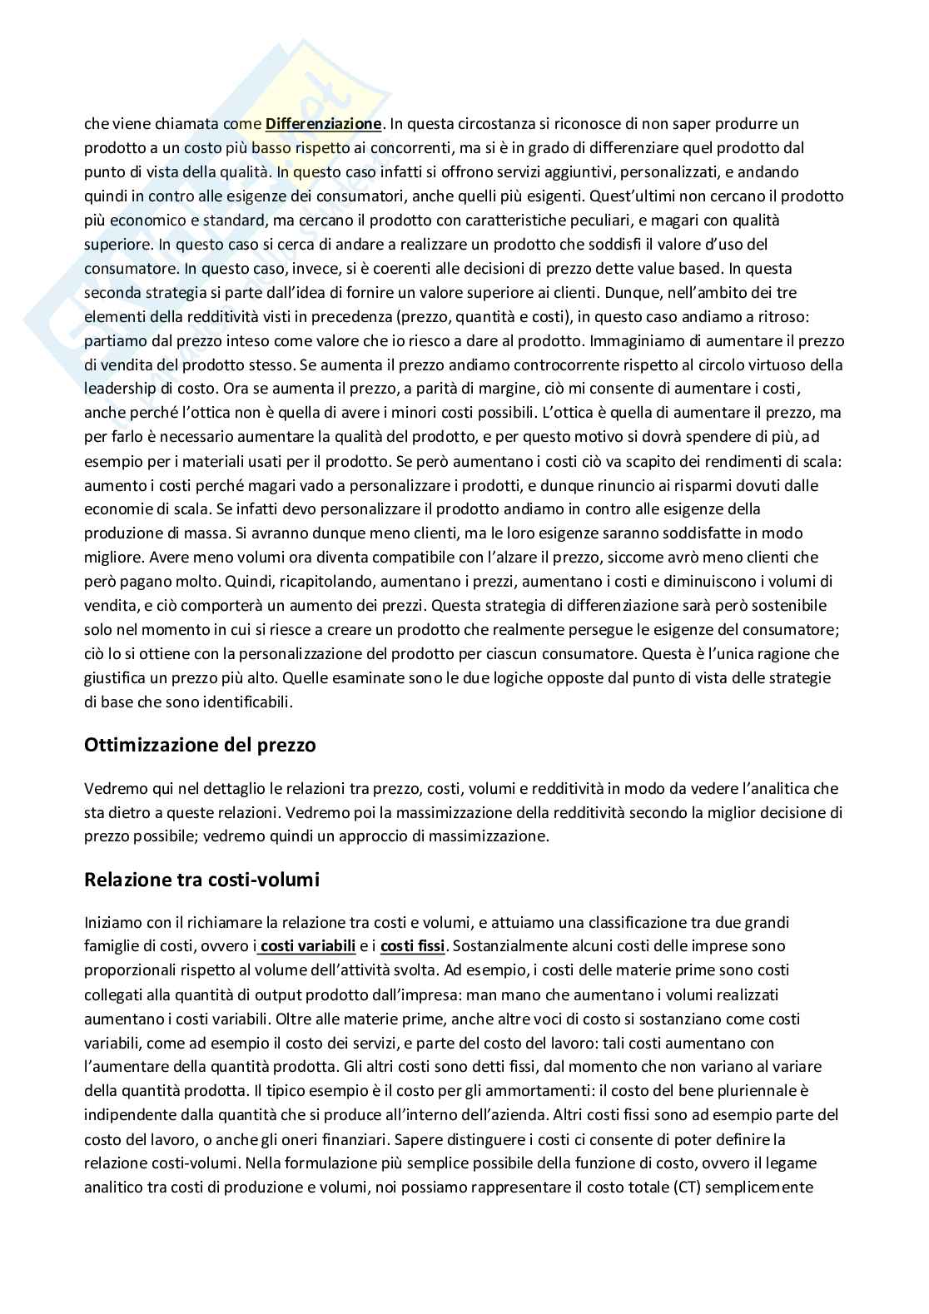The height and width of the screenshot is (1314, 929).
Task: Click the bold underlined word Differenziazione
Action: pos(323,124)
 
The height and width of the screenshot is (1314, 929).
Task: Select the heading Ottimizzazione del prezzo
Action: pos(200,745)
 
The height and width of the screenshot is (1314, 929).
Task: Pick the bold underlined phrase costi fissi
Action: pos(413,946)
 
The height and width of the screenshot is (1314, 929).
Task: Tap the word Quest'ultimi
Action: pos(653,196)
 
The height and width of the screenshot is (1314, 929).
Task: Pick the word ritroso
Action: pos(819,316)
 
